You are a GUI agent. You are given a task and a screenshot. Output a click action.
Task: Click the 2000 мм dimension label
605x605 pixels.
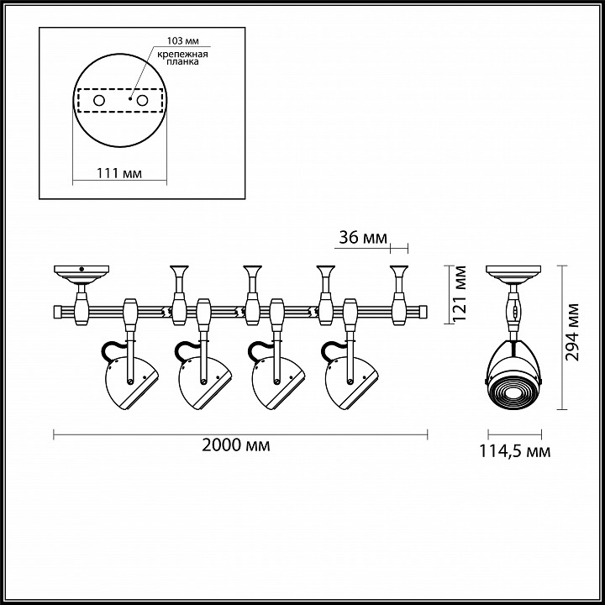point(236,445)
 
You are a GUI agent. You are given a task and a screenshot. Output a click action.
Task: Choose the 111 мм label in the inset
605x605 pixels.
point(118,173)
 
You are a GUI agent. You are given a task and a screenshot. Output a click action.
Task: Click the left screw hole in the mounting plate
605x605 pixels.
point(98,101)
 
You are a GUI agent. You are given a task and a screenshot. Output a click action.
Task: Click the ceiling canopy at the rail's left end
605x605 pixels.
point(82,273)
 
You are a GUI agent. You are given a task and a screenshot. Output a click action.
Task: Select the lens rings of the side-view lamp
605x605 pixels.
point(513,391)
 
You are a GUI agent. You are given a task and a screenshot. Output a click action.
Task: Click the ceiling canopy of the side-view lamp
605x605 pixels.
point(513,273)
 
